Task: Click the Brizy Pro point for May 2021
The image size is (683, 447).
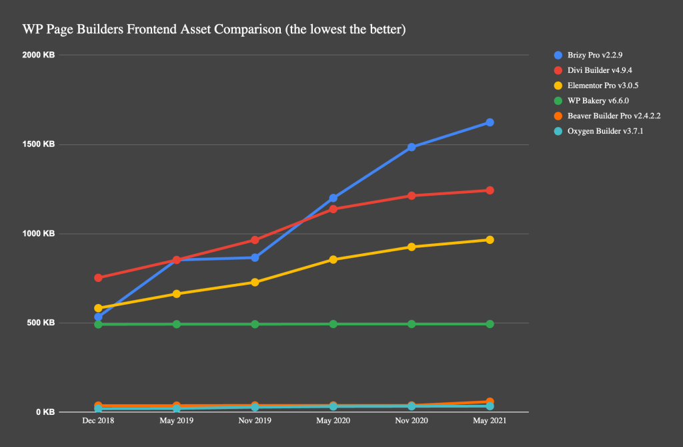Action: coord(490,122)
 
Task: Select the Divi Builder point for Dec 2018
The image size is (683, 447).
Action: coord(98,277)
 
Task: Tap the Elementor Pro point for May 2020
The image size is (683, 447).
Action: coord(333,259)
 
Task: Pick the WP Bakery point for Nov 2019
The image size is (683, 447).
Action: coord(255,324)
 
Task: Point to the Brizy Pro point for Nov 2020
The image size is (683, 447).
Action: coord(412,147)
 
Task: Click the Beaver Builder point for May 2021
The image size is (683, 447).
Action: coord(490,402)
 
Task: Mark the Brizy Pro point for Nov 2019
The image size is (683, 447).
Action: coord(255,257)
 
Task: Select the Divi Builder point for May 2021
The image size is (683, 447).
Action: coord(490,190)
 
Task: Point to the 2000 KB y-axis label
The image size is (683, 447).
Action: coord(39,55)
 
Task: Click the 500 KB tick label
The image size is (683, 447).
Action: coord(41,323)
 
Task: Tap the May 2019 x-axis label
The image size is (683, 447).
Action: coord(176,422)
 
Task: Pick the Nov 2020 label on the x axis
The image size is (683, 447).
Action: coord(412,422)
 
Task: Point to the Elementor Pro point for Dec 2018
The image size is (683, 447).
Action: coord(98,309)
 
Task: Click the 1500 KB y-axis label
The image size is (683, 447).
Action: coord(39,144)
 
